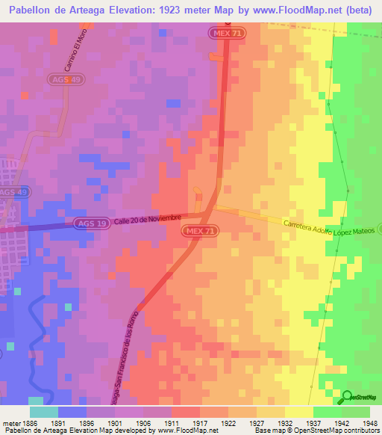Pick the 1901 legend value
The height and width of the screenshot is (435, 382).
pos(116,422)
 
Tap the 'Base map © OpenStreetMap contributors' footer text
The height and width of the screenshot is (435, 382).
pos(316,431)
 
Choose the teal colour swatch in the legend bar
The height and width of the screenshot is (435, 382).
pos(44,411)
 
